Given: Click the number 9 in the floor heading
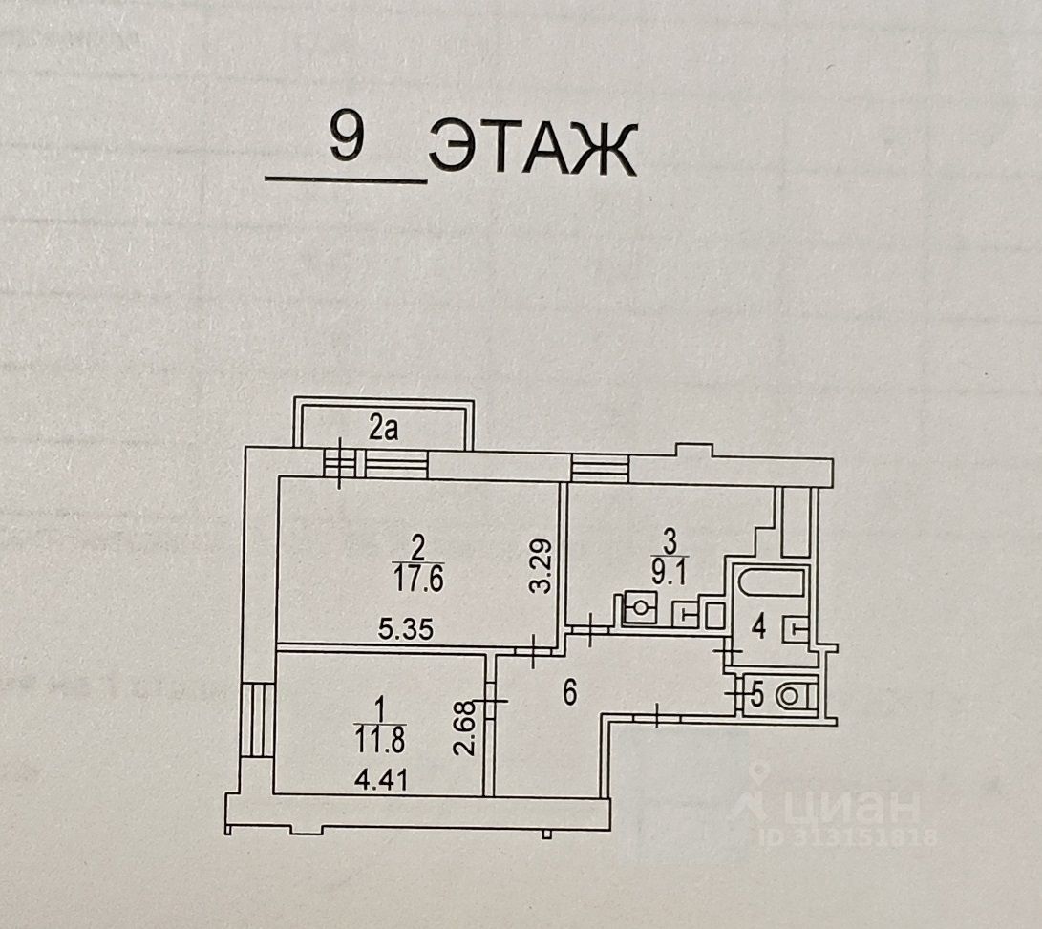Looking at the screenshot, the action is point(347,139).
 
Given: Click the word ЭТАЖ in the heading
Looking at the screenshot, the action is point(532,151).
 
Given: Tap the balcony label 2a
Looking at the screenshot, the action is point(383,430).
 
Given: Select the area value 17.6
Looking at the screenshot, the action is point(415,579).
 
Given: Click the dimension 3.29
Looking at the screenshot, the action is point(541,567).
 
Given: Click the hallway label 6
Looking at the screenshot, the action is point(569,693).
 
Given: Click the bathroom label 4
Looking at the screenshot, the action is point(758,628).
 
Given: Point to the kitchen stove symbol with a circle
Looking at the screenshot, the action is point(639,607).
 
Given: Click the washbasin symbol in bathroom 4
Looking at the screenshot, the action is point(796,628).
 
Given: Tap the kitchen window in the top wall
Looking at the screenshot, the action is point(600,468).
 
